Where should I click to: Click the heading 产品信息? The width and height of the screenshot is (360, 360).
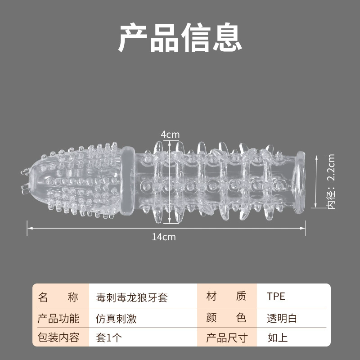(x=180, y=37)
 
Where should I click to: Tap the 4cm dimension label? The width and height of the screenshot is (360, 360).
(x=170, y=135)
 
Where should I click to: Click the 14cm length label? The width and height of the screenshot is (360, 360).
(x=164, y=237)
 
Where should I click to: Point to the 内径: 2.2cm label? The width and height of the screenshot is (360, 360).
(x=331, y=181)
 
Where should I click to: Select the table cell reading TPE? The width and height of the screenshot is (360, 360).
(x=276, y=296)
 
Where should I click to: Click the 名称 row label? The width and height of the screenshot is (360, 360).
(x=58, y=297)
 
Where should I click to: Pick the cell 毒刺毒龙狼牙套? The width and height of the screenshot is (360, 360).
(x=132, y=297)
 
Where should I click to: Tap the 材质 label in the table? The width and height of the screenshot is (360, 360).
(x=226, y=296)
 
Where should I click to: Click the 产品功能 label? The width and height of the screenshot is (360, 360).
(x=58, y=319)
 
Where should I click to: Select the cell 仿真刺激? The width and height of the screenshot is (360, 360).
(x=116, y=319)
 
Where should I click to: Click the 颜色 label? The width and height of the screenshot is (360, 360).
(x=226, y=318)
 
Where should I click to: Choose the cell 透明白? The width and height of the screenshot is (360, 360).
(x=282, y=319)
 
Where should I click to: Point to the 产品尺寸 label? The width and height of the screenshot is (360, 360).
(x=227, y=338)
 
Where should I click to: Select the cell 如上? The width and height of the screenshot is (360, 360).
(x=278, y=338)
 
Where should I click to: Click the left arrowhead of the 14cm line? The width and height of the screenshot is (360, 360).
(x=28, y=228)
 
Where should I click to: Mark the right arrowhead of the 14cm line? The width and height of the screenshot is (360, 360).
(x=304, y=228)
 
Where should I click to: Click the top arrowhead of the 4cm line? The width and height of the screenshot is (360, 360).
(x=170, y=142)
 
